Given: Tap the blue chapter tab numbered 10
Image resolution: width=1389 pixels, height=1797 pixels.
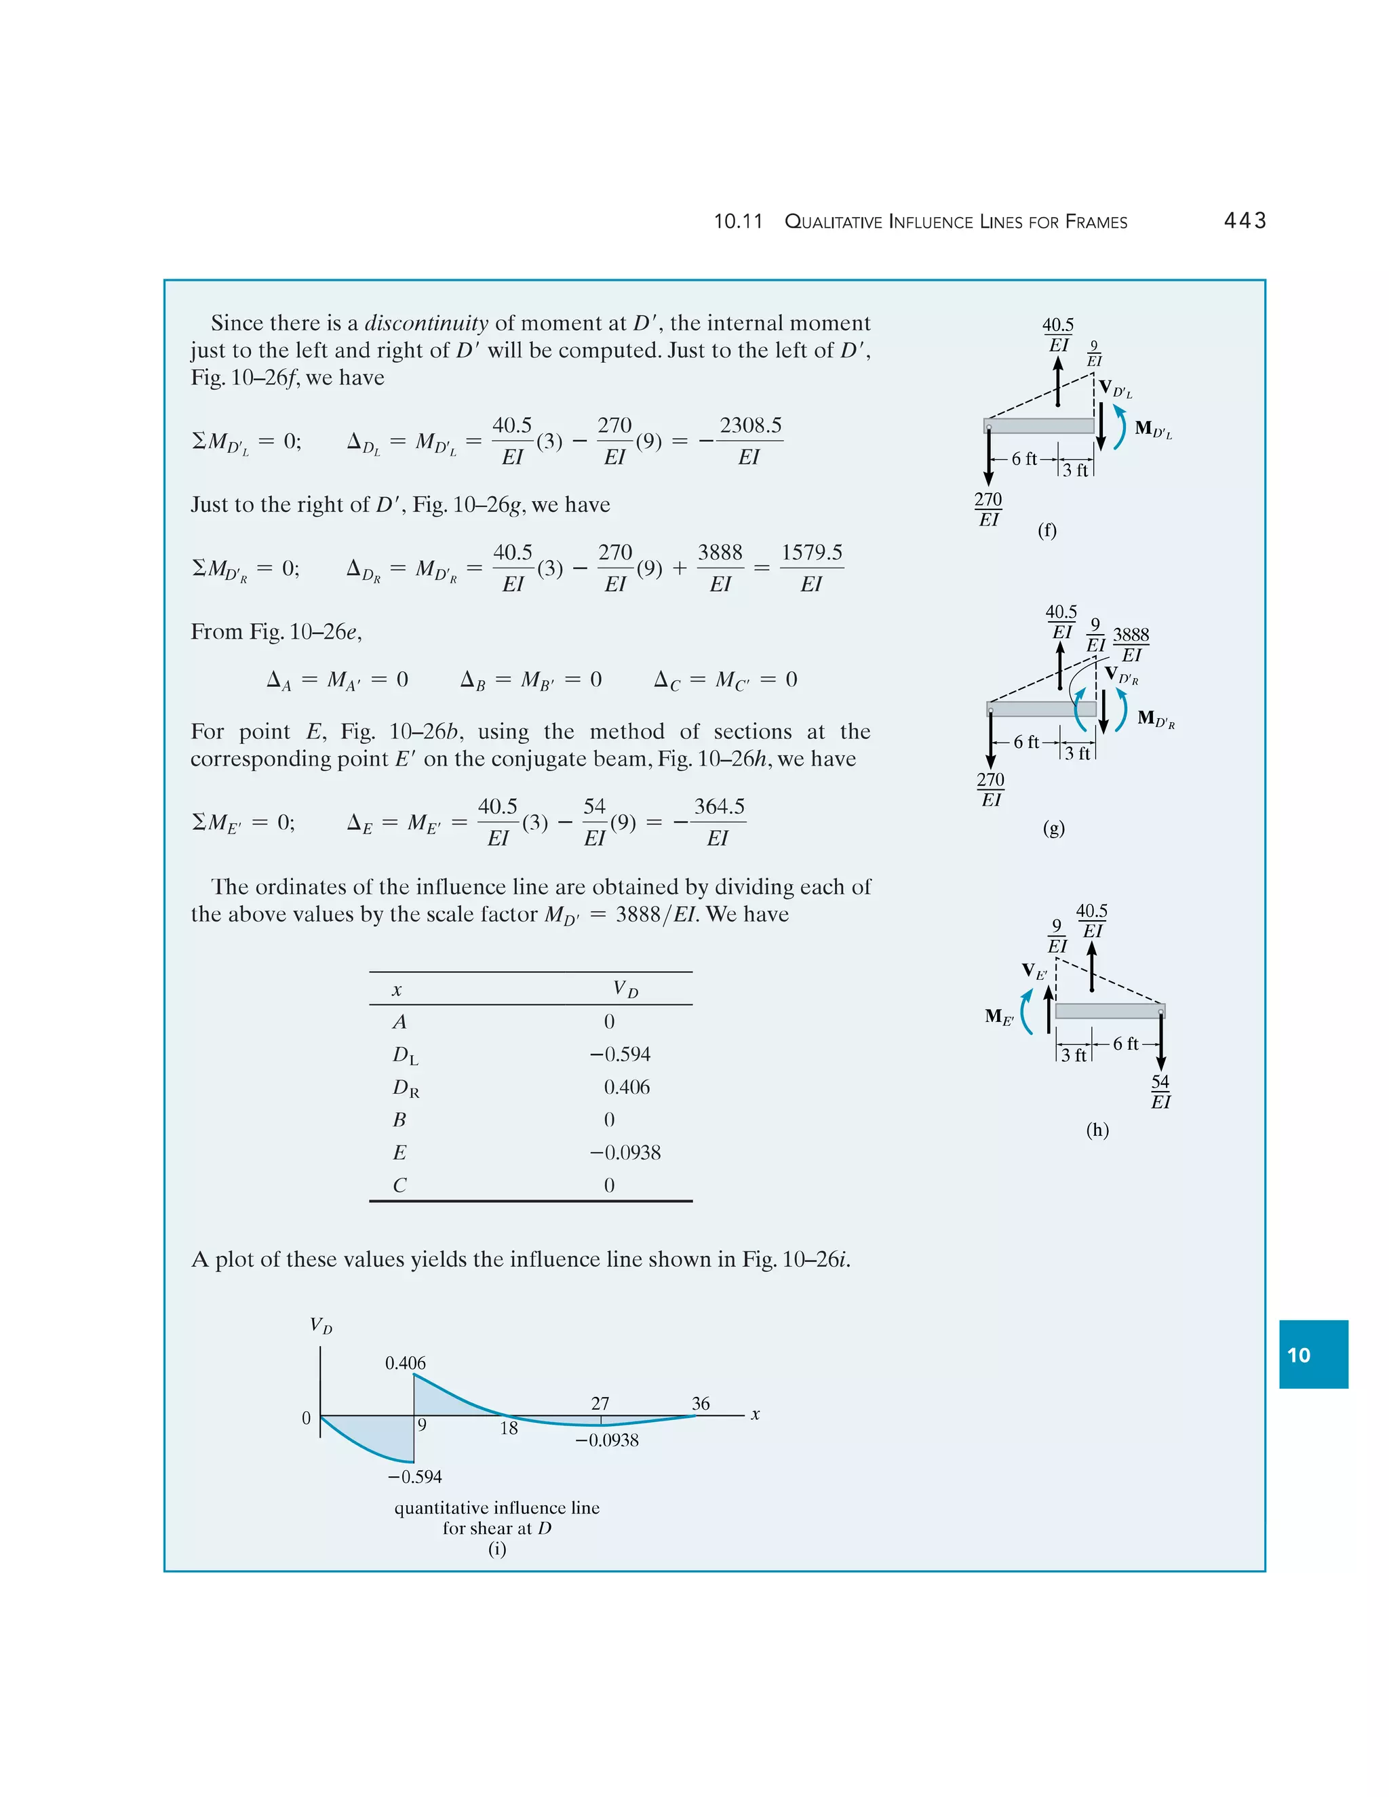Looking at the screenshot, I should pyautogui.click(x=1312, y=1355).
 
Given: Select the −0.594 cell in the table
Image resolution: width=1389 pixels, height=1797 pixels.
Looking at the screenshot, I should pyautogui.click(x=620, y=1054).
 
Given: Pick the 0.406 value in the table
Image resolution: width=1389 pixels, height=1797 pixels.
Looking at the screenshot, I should pyautogui.click(x=626, y=1087).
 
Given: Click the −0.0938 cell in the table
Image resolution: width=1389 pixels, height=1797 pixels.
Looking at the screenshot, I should pyautogui.click(x=625, y=1153).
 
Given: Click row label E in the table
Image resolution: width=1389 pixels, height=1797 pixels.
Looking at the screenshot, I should pyautogui.click(x=399, y=1153).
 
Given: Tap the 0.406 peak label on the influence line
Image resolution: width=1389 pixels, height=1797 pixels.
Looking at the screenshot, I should pyautogui.click(x=405, y=1364).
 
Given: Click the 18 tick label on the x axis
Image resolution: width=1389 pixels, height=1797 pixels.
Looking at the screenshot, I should pyautogui.click(x=509, y=1428).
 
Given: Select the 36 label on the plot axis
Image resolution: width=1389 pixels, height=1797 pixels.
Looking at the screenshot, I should pyautogui.click(x=700, y=1404).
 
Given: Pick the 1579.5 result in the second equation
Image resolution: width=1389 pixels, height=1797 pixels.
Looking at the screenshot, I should pyautogui.click(x=811, y=552).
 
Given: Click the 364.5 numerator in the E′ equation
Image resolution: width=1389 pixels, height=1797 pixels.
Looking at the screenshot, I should pyautogui.click(x=718, y=806).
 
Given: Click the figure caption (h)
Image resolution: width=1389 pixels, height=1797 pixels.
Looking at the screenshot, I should pyautogui.click(x=1097, y=1130).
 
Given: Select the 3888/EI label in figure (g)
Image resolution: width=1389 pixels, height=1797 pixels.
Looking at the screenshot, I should pyautogui.click(x=1131, y=644).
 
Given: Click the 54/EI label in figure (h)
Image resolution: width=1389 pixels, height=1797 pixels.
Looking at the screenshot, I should pyautogui.click(x=1160, y=1092).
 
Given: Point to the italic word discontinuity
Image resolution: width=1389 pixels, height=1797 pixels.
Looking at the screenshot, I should pyautogui.click(x=426, y=323).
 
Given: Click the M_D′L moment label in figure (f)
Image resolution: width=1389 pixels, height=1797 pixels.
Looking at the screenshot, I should pyautogui.click(x=1153, y=429).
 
